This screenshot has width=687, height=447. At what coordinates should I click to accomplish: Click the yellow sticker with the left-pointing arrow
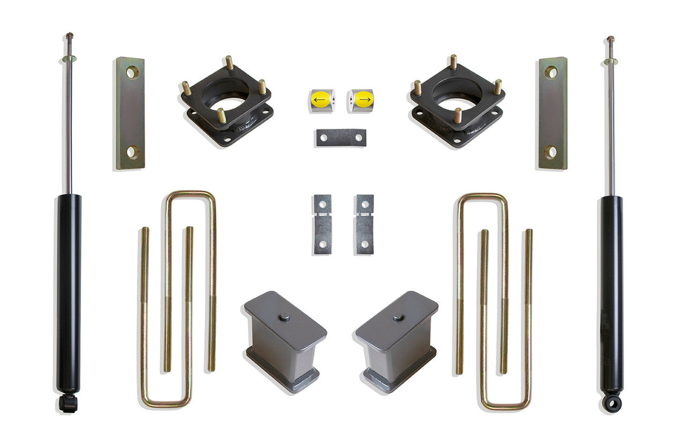point(320,99)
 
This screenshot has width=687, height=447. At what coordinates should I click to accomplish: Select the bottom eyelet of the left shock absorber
point(68,402)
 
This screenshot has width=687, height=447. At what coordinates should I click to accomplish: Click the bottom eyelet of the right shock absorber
point(611,402)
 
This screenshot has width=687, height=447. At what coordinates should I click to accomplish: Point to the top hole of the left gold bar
point(132,72)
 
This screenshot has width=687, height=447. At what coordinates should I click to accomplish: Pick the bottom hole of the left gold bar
point(132,152)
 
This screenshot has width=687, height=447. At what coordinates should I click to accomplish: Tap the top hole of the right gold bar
point(551,72)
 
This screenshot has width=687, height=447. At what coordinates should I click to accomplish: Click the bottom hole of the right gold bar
point(551,152)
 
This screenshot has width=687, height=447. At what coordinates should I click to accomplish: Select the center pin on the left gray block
point(284,317)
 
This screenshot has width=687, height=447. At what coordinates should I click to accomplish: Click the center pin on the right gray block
point(398,317)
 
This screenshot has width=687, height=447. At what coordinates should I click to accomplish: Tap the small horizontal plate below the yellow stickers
point(341,138)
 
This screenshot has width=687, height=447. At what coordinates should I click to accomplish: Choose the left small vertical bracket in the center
point(323,224)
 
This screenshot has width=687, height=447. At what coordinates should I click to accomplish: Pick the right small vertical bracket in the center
point(364,224)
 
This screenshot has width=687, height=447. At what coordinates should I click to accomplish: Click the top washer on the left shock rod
point(69,59)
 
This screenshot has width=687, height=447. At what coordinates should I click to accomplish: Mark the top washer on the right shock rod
point(611,62)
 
